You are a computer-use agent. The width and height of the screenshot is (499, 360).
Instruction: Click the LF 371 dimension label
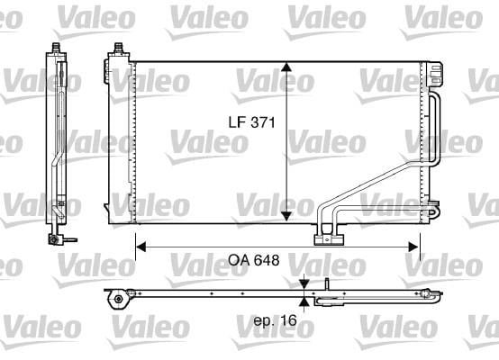point(251,122)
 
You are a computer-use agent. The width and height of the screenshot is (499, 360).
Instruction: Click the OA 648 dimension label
point(254,260)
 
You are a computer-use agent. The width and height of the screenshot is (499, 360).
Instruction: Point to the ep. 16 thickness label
point(275,320)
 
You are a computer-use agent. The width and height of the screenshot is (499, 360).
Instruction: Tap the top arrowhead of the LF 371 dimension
point(286,67)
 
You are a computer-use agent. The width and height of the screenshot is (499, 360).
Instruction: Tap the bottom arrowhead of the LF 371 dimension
point(286,216)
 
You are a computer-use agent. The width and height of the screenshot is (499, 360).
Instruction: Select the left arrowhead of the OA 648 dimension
point(141,247)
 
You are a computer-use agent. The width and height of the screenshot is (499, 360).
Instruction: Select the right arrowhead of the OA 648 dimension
point(413,247)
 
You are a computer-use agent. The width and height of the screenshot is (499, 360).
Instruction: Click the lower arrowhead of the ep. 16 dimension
point(304,302)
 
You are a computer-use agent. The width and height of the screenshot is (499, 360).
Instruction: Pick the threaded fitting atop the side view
point(57,47)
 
